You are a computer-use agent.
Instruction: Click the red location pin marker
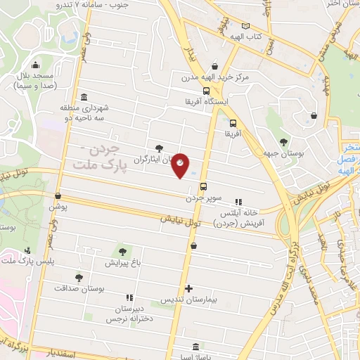tap(181, 165)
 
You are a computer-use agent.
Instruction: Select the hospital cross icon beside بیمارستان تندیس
tap(188, 288)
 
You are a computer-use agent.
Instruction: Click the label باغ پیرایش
tap(124, 264)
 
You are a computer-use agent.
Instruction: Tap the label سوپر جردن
tap(204, 199)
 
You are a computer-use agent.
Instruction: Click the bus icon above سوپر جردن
tap(203, 186)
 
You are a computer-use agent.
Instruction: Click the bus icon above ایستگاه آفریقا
tap(205, 90)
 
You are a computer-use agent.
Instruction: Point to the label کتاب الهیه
tap(247, 36)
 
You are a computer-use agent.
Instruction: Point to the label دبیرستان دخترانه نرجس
tap(126, 314)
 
